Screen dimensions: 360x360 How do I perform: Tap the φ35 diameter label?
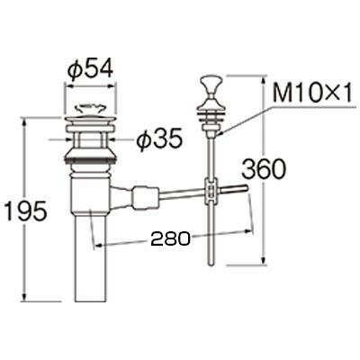coord(159,139)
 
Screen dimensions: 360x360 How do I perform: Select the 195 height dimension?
coord(26,211)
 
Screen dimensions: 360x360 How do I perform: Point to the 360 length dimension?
coord(264,169)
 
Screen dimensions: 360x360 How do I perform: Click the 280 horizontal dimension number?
coord(170,239)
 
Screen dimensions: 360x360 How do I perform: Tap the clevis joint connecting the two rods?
coord(211,191)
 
